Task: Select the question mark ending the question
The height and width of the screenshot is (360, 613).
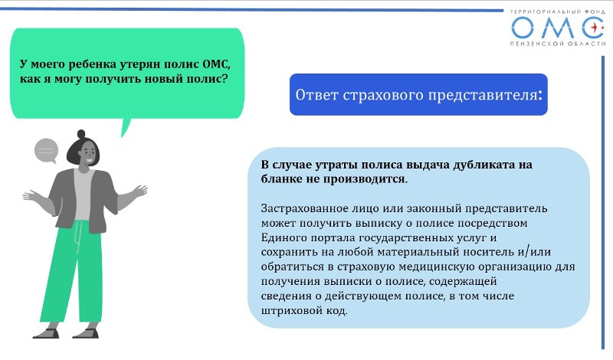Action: pos(224,78)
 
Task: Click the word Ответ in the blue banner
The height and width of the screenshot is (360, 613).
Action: pos(316,94)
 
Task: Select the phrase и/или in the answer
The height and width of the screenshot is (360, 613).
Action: pos(534,252)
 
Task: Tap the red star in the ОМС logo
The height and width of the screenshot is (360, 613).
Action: pos(595,28)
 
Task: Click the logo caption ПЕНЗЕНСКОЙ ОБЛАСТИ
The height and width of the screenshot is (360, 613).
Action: pos(558,44)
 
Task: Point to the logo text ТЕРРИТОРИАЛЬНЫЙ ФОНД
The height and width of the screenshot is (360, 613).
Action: pos(558,12)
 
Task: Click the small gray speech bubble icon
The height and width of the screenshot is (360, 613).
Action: pos(47,150)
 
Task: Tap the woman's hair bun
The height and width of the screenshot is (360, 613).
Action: pos(81,134)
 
